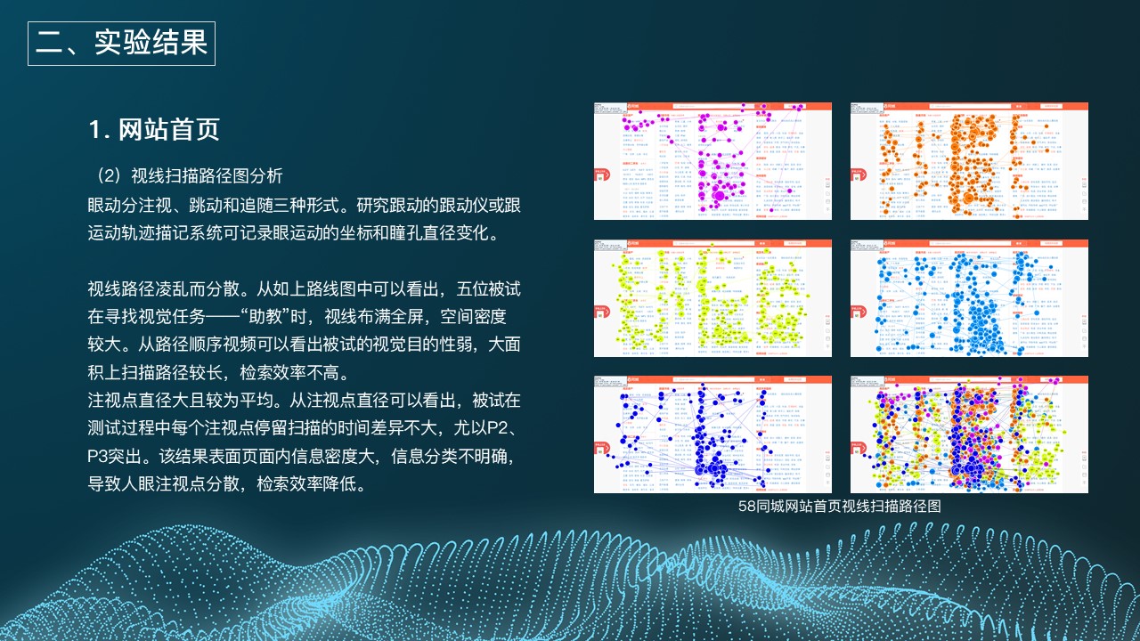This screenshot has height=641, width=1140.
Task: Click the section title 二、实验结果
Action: (121, 44)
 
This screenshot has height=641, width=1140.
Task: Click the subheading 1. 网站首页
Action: (154, 130)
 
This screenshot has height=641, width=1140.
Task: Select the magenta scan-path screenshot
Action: (712, 161)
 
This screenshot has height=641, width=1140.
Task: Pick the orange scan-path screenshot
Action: (969, 161)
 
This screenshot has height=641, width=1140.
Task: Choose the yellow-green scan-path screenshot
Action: (712, 298)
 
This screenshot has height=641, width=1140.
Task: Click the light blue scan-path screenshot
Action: (969, 298)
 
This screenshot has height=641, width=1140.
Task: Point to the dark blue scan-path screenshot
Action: (712, 434)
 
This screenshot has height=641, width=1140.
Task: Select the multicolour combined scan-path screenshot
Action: (969, 434)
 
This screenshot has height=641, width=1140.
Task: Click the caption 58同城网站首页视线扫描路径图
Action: (840, 506)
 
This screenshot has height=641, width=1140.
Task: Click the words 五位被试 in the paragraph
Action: (488, 289)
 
